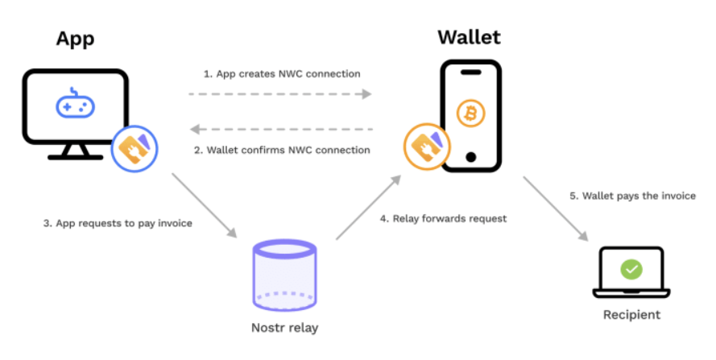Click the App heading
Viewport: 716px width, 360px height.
(75, 38)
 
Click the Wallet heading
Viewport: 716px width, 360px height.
(469, 38)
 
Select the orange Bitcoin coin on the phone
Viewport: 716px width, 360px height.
(470, 113)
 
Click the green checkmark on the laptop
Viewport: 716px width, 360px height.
(631, 269)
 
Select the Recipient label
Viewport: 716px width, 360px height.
(631, 314)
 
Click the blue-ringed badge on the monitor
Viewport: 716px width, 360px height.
(134, 148)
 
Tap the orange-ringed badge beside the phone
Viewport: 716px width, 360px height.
(425, 147)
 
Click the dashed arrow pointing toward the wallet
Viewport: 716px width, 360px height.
(279, 94)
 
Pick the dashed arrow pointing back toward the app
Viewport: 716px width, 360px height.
(279, 129)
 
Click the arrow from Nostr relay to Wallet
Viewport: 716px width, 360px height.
(367, 207)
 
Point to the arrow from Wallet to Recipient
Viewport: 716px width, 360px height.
(556, 208)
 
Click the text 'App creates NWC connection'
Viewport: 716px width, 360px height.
(281, 73)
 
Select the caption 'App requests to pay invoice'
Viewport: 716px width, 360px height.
(118, 223)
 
